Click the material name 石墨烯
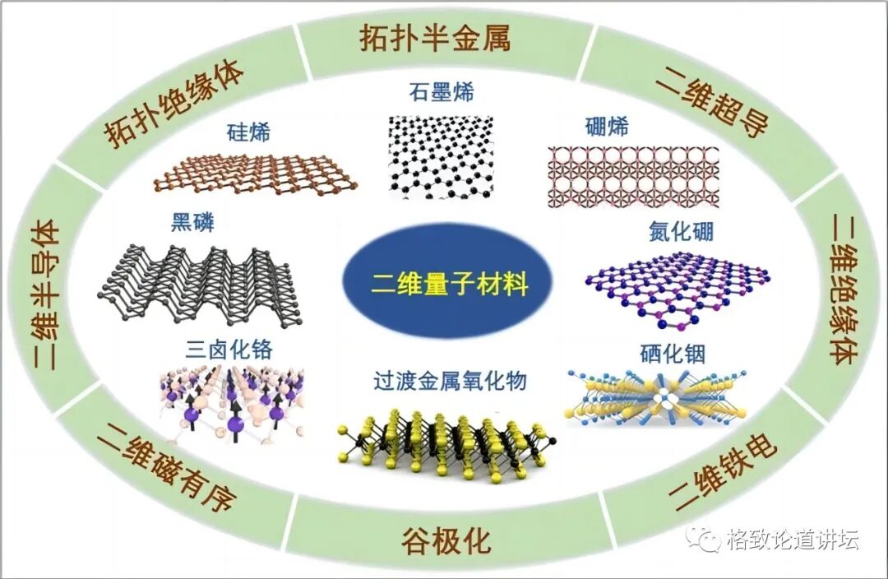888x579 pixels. coord(442,90)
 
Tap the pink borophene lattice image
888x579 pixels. coord(633,176)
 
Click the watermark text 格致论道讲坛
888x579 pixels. coord(793,540)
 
